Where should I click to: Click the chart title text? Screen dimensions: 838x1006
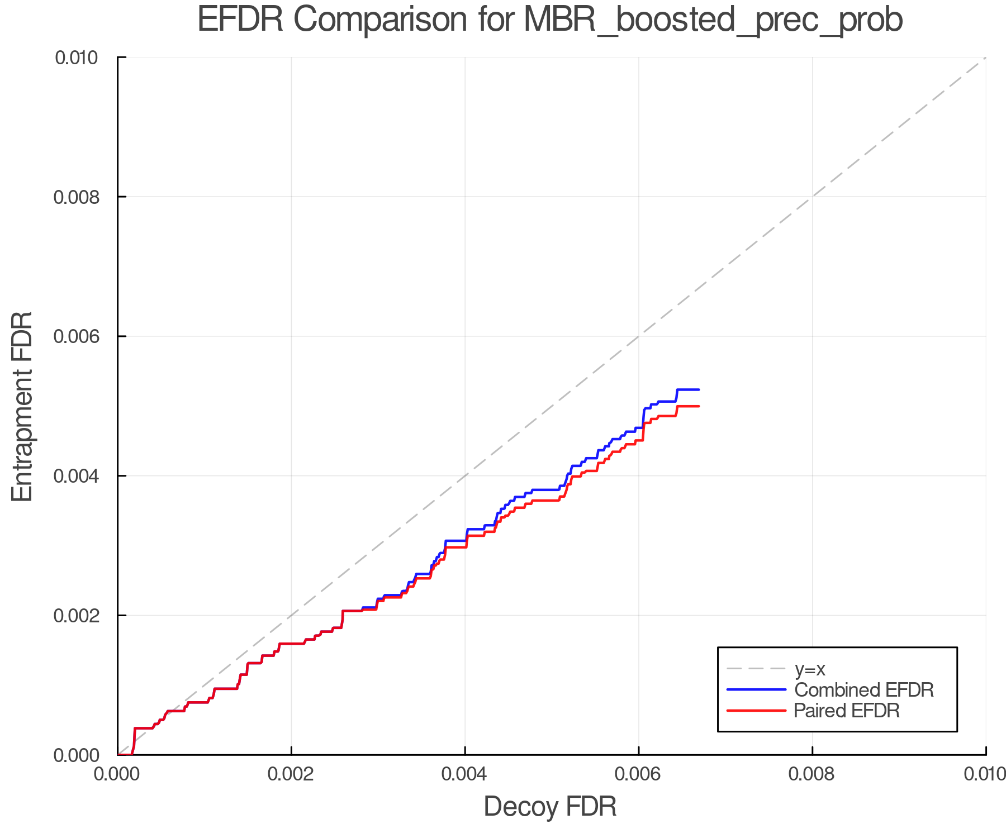(550, 20)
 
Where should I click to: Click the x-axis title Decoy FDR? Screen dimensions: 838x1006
(550, 807)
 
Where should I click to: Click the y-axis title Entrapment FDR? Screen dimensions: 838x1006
(22, 406)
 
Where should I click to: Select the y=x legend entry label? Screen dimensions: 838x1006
(810, 669)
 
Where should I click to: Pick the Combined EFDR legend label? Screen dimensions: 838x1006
(863, 690)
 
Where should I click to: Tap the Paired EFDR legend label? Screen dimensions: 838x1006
(847, 711)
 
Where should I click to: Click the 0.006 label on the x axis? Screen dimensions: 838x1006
(638, 774)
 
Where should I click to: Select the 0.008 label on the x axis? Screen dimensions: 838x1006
(812, 774)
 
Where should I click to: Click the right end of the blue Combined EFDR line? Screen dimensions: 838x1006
(699, 389)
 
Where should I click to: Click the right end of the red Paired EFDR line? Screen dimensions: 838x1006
(699, 406)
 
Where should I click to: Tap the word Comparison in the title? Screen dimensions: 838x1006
(380, 20)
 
